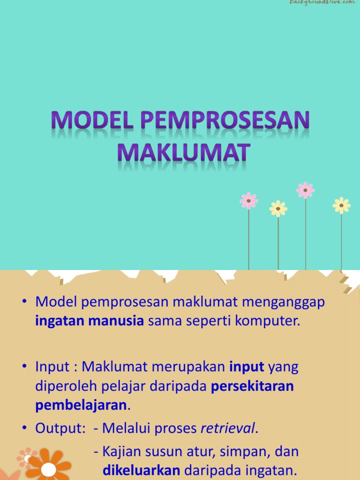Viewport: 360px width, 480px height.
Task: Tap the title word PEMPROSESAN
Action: point(225,120)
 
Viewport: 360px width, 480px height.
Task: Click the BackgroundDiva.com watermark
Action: point(322,3)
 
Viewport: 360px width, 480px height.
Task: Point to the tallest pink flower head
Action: point(305,190)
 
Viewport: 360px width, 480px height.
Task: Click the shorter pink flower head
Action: point(248,201)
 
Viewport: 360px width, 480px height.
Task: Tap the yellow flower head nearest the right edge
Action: point(341,205)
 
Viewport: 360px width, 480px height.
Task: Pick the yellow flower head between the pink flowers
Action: point(278,209)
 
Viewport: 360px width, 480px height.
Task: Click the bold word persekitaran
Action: point(253,387)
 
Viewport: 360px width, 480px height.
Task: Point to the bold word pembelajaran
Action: point(81,405)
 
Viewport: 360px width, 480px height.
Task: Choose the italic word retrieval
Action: point(228,428)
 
